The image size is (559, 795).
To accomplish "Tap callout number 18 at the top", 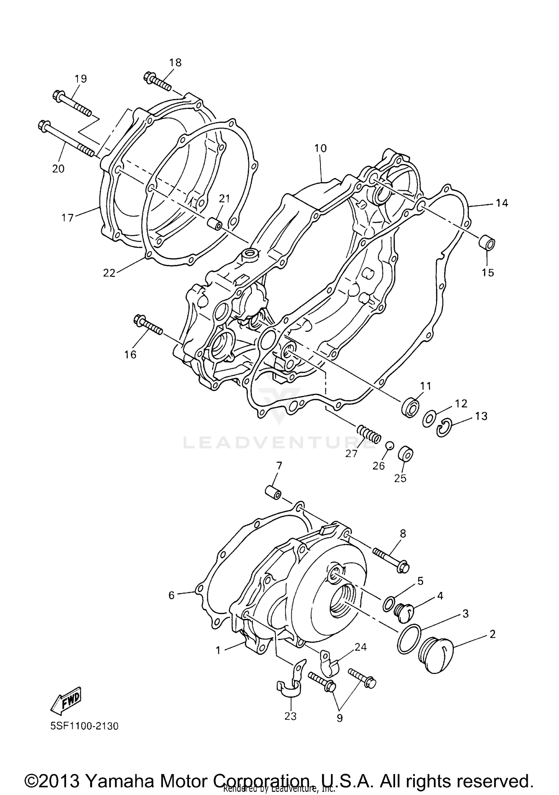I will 175,63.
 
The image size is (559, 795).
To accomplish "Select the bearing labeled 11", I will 410,407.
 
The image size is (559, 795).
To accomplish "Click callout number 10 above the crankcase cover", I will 320,148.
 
